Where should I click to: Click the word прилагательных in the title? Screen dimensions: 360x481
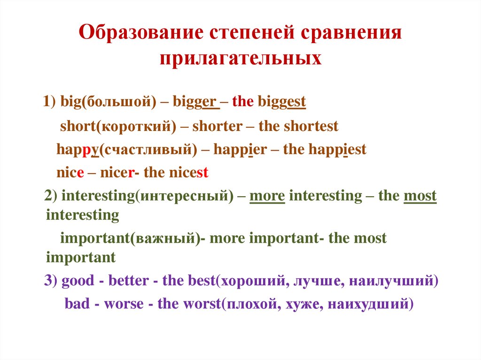[x=240, y=59]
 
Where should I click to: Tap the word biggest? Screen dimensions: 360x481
[x=282, y=102]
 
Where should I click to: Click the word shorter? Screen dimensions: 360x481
[x=217, y=126]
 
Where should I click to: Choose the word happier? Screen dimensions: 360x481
[x=240, y=150]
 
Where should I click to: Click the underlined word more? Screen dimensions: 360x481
[x=267, y=196]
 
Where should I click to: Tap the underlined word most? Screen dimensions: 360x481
[x=420, y=196]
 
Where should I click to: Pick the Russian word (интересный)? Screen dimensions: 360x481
[x=184, y=196]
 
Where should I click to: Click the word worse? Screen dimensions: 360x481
[x=124, y=304]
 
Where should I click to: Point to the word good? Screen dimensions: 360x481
[x=78, y=281]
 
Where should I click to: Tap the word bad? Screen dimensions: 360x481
[x=77, y=304]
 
